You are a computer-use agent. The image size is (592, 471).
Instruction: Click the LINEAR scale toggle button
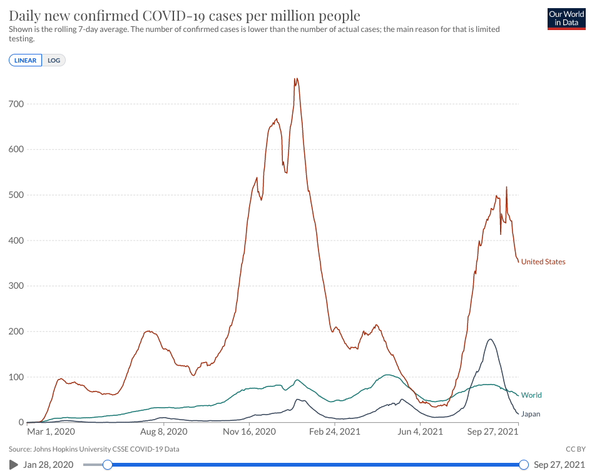click(26, 60)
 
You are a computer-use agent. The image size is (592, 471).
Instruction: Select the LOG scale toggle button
click(54, 60)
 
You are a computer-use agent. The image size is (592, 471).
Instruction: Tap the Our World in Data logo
click(566, 18)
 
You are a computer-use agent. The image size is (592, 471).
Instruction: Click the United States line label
click(543, 262)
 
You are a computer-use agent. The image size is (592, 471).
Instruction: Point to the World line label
click(531, 395)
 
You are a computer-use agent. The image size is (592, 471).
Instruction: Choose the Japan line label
click(531, 414)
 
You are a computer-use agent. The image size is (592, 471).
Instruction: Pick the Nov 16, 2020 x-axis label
click(250, 432)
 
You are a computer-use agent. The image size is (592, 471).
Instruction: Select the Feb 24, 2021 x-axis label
click(335, 432)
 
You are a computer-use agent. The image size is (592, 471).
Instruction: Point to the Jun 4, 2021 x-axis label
click(420, 432)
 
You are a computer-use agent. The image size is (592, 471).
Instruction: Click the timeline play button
click(14, 465)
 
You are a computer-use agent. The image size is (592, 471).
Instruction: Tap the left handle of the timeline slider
click(108, 465)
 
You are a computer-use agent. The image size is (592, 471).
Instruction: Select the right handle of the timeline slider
click(524, 465)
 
